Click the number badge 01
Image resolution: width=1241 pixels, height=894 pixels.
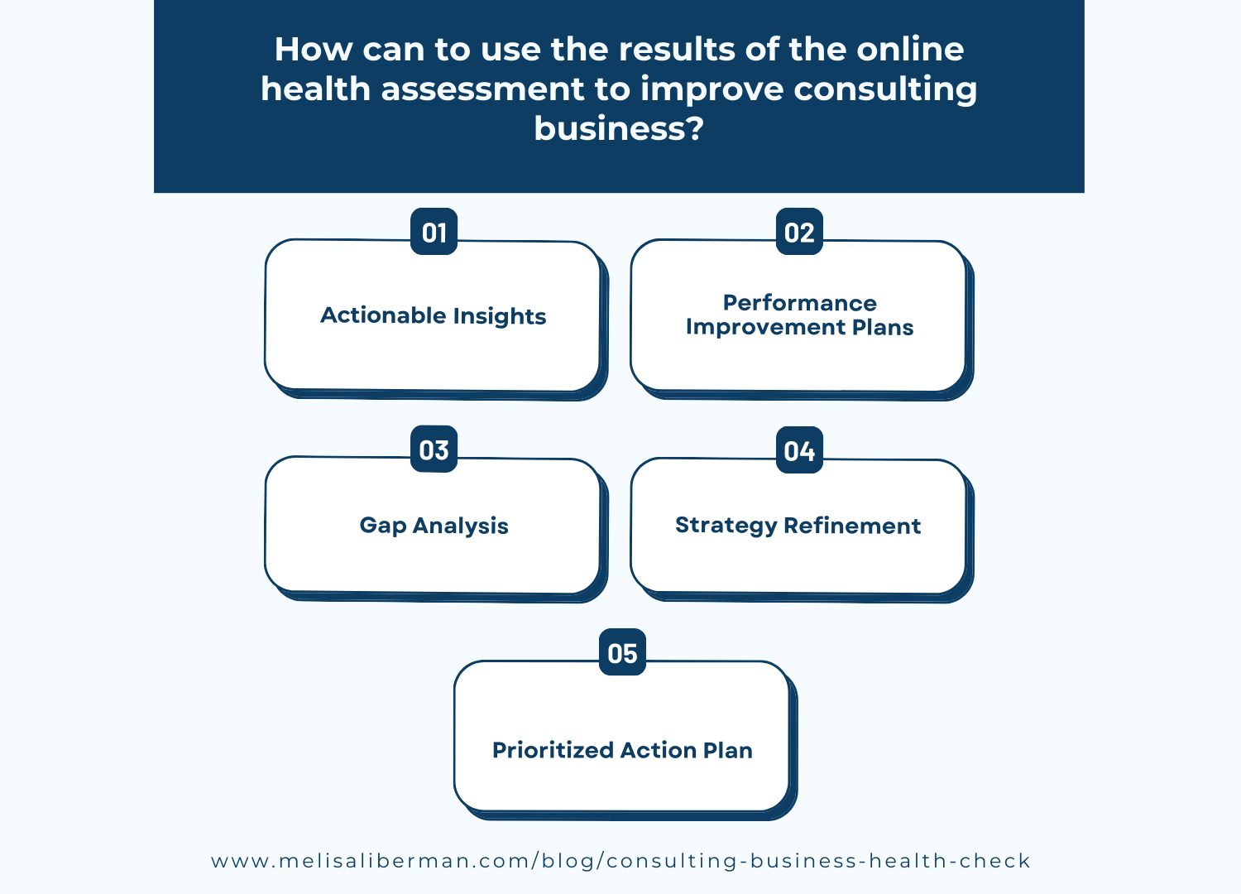[x=434, y=232]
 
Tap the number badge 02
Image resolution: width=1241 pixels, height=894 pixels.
[x=799, y=232]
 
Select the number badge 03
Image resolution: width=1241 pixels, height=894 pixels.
[x=434, y=449]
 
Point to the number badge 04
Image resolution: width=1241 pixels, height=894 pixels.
[x=799, y=450]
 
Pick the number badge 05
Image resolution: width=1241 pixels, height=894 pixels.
[x=622, y=653]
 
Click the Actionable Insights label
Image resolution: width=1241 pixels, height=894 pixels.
[x=434, y=315]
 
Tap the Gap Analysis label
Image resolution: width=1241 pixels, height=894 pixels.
[x=434, y=526]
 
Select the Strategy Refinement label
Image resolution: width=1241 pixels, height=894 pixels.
[x=798, y=526]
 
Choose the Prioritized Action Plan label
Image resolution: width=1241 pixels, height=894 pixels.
[x=622, y=750]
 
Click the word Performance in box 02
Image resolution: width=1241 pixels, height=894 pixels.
[x=799, y=303]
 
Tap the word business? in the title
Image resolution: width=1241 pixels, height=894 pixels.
[x=619, y=128]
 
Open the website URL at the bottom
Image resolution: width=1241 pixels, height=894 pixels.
[x=620, y=861]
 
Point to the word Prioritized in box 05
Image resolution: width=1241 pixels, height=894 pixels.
[x=553, y=750]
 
